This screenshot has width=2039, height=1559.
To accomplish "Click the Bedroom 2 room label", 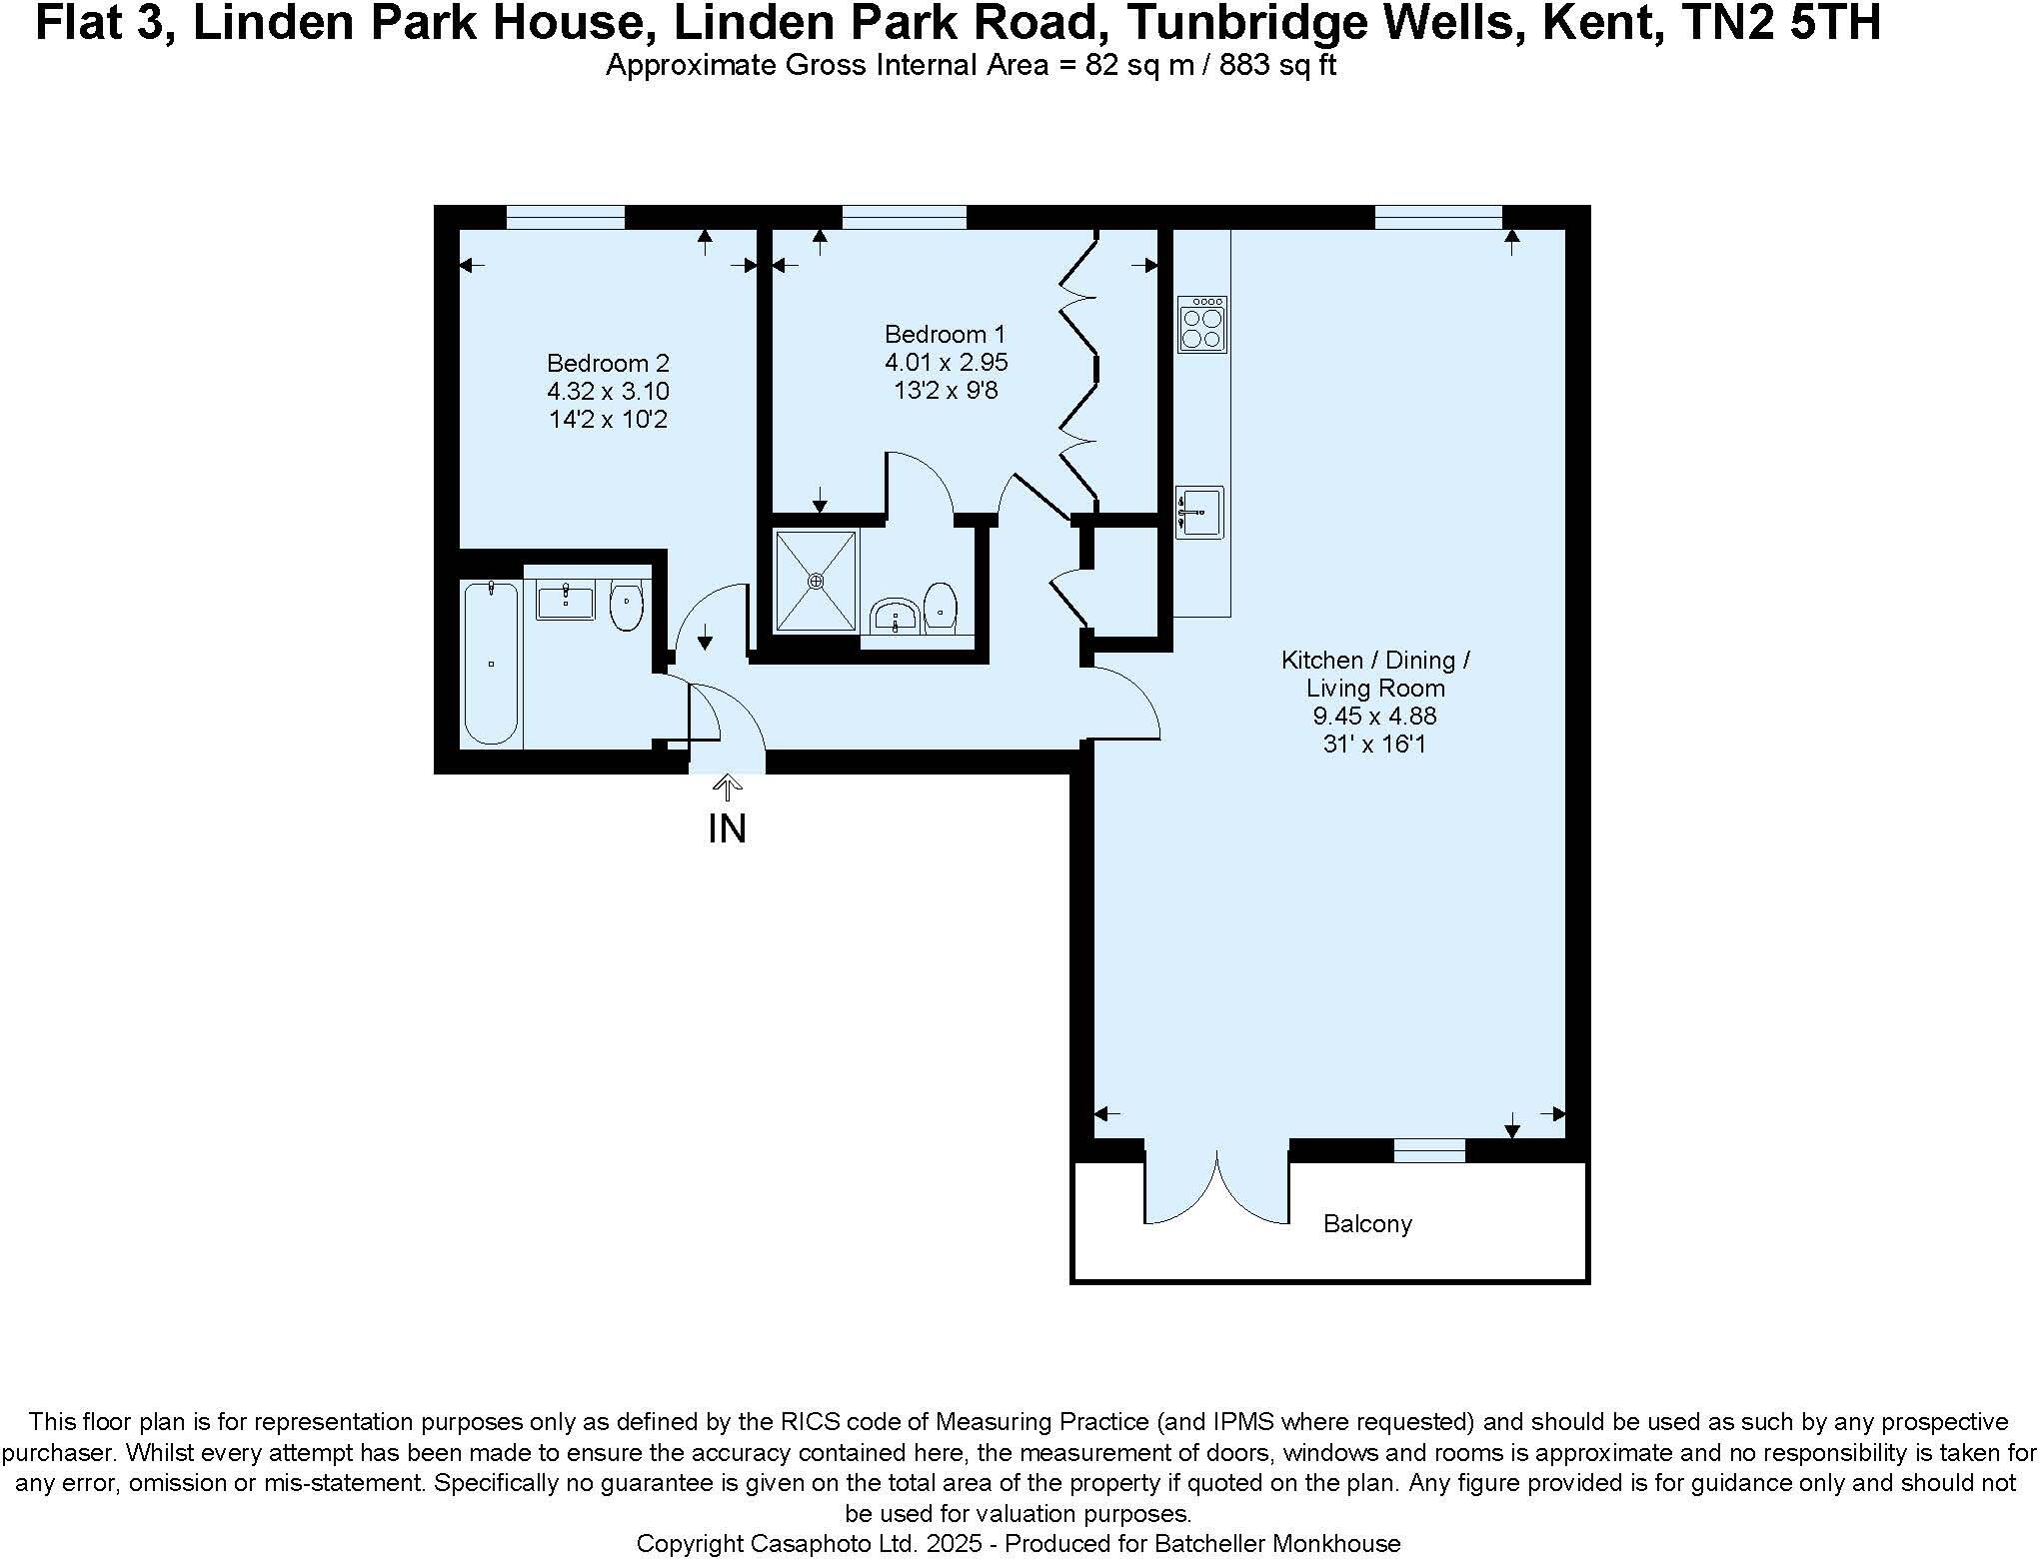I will [608, 363].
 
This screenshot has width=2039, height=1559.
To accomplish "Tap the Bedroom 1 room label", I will [946, 334].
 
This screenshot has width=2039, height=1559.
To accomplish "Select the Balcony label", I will [1367, 1223].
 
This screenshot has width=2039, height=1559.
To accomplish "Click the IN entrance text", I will [727, 828].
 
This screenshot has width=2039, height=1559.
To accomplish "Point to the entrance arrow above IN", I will [728, 788].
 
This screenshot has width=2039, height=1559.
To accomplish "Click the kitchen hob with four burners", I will [1201, 324].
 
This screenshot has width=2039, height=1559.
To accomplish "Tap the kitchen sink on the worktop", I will [1198, 513].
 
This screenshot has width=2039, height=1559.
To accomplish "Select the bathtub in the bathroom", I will [491, 663].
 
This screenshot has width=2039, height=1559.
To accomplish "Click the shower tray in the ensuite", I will [817, 581].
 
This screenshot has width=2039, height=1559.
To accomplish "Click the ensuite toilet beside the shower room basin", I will [941, 607].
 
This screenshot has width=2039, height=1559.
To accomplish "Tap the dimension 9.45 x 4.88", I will [1375, 716].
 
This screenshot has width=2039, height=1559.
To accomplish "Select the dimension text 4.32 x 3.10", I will [608, 391].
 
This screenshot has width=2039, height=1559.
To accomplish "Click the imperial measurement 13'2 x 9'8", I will [946, 390].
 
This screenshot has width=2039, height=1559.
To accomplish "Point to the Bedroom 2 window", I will [566, 216].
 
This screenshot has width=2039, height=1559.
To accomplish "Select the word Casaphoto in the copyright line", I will [813, 1543].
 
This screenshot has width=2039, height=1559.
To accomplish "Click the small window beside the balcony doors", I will [1429, 1150].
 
